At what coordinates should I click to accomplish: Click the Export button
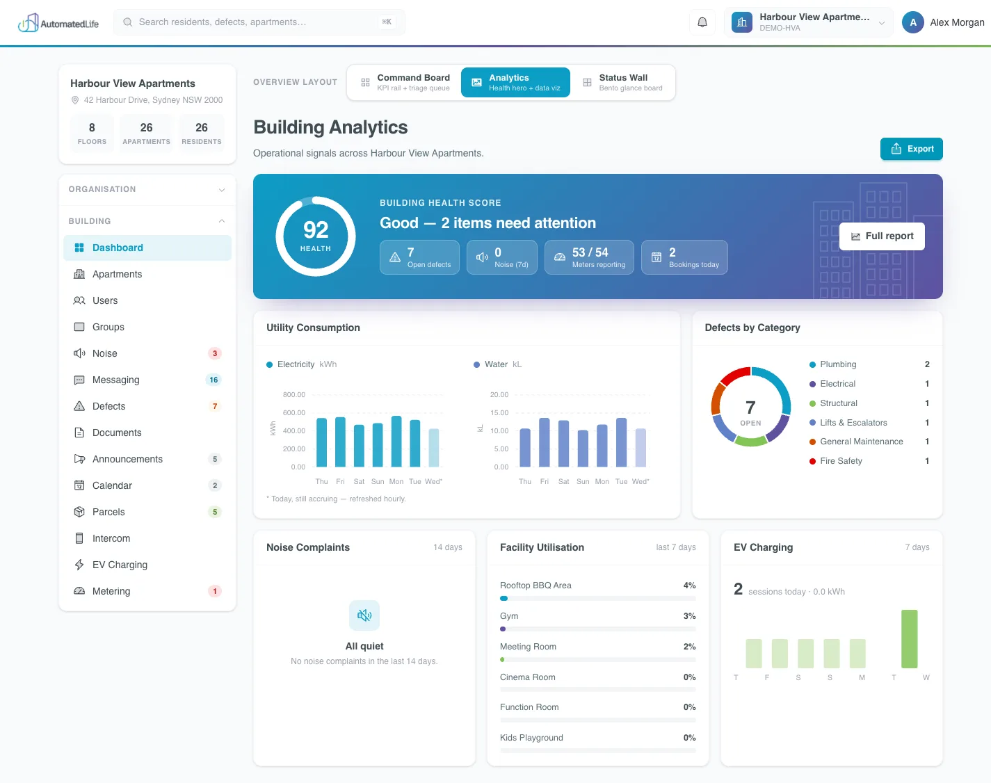(x=911, y=149)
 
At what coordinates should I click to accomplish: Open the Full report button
(x=881, y=236)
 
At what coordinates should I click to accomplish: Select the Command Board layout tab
(x=405, y=83)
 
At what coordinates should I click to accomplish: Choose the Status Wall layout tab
(x=622, y=83)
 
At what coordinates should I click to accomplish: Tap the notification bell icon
(x=702, y=22)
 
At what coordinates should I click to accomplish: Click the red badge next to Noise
(x=215, y=353)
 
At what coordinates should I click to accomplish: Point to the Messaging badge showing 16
(x=213, y=380)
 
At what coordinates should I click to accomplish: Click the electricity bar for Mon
(x=396, y=442)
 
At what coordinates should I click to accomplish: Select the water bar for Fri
(x=545, y=443)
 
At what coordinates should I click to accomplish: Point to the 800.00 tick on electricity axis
(x=293, y=395)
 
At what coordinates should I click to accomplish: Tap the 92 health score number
(x=316, y=230)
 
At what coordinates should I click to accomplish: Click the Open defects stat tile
(x=419, y=257)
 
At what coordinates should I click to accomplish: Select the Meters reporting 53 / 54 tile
(x=589, y=257)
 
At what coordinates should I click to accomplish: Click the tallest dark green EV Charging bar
(x=909, y=639)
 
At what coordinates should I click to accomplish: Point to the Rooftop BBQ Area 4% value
(x=689, y=586)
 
